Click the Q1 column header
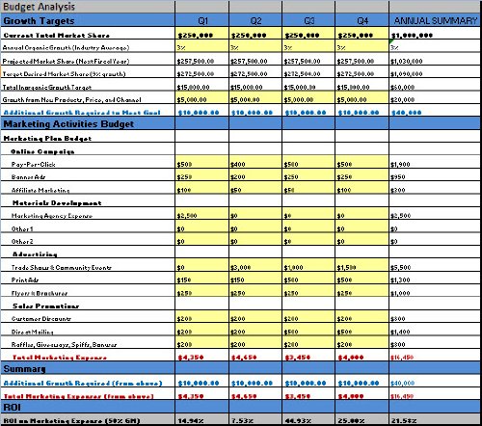(x=201, y=19)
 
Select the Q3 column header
(x=309, y=19)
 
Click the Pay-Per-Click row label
(x=33, y=165)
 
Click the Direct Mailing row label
(x=34, y=330)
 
